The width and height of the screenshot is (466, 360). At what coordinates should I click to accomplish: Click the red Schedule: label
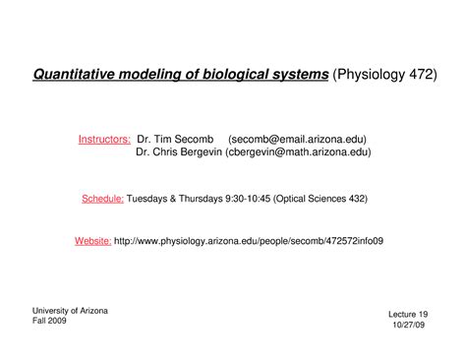pyautogui.click(x=102, y=198)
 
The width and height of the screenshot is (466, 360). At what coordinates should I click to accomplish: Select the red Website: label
pyautogui.click(x=93, y=240)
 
